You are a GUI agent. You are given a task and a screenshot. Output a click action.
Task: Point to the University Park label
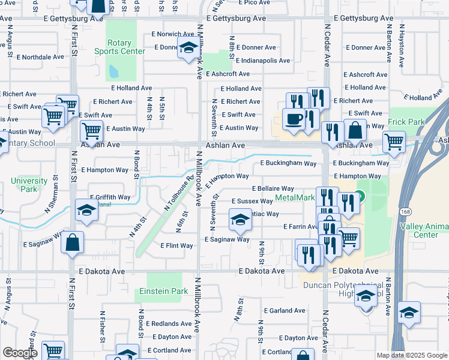click(x=29, y=185)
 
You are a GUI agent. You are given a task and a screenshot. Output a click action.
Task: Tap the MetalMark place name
click(x=295, y=197)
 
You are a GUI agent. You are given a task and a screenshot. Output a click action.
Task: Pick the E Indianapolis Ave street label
click(x=263, y=61)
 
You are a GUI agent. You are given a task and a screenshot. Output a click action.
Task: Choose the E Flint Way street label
click(x=176, y=245)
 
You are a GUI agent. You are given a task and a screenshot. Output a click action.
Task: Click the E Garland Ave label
click(x=284, y=311)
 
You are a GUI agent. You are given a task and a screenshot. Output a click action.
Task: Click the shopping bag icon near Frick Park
click(x=355, y=129)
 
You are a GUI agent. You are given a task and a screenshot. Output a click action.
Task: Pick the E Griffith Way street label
click(x=110, y=197)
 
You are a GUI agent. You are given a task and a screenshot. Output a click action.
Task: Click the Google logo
click(x=20, y=353)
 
